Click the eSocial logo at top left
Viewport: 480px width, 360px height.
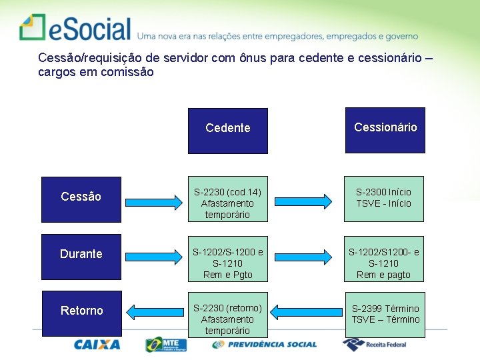tap(75, 28)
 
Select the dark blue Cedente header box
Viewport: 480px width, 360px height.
tap(227, 131)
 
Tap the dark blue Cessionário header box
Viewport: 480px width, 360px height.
tap(385, 130)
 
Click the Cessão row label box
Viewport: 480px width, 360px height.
tap(81, 199)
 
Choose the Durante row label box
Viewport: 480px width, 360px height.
tap(81, 255)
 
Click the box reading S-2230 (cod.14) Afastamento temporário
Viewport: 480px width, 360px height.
tap(227, 203)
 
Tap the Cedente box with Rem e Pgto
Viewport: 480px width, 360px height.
tap(227, 263)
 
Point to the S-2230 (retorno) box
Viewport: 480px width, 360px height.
tap(227, 319)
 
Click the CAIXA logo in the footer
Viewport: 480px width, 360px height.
tap(97, 345)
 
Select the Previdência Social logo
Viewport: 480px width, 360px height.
tap(265, 345)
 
